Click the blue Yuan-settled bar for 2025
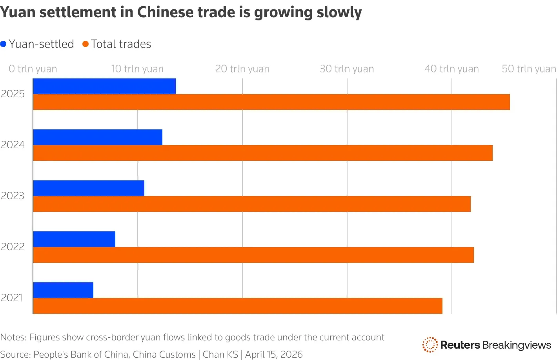[104, 86]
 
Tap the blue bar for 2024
[98, 137]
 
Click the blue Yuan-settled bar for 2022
[74, 239]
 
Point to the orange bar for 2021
[238, 306]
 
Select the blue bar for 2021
[63, 290]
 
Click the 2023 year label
[13, 196]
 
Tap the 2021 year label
[12, 298]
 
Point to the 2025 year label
[13, 94]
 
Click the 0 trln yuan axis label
[33, 69]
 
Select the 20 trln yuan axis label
[242, 69]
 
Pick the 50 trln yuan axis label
[529, 69]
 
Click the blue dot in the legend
[4, 44]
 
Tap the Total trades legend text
[121, 44]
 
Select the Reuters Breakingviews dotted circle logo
[430, 345]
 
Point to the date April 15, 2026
[274, 355]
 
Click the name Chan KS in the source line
[220, 355]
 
